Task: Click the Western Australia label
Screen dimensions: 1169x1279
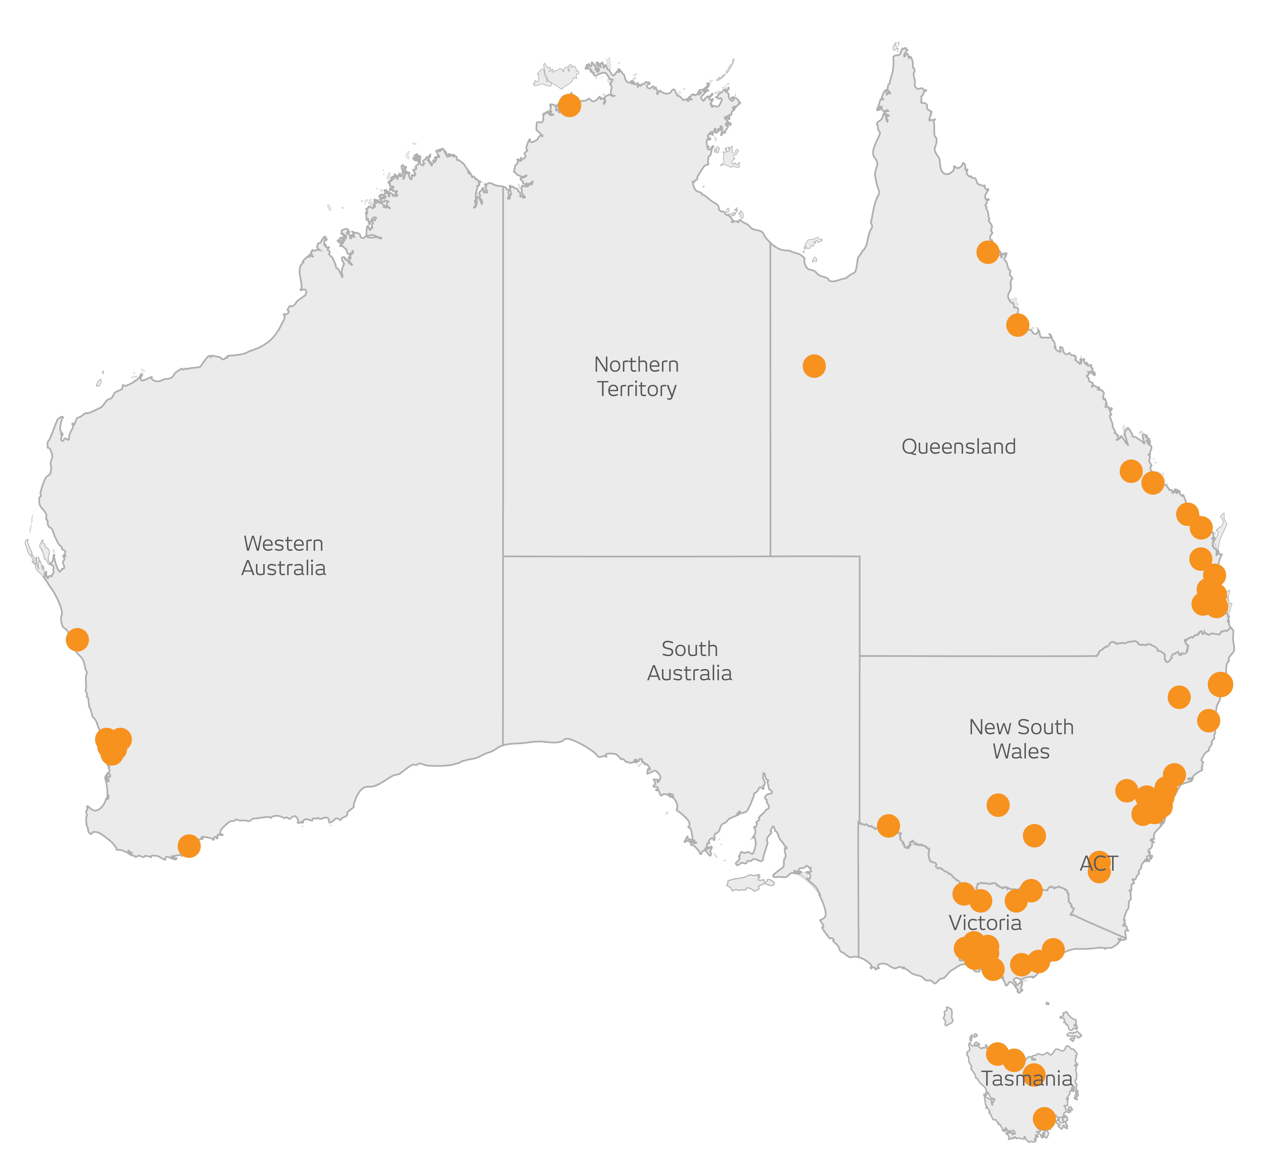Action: [284, 556]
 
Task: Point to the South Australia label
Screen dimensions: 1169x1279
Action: [690, 661]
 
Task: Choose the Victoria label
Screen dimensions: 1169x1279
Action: [985, 923]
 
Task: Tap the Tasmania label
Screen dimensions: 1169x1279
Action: [1027, 1078]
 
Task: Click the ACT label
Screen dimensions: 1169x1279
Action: [1099, 863]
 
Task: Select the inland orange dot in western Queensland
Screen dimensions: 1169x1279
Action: [814, 366]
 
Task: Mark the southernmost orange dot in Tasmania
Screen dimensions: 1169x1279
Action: [1044, 1119]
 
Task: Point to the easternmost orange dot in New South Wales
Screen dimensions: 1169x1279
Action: [1220, 684]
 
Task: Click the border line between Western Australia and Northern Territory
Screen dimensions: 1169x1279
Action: [503, 381]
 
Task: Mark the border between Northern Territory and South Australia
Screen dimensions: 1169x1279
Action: [634, 556]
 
